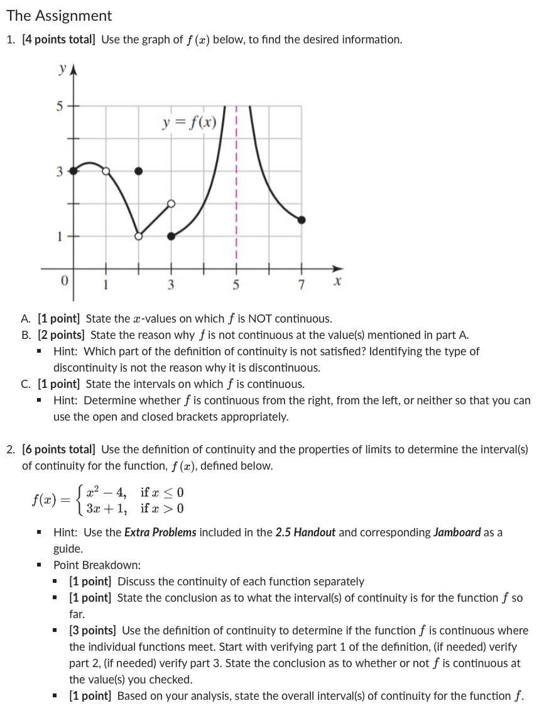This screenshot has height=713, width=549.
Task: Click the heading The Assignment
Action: pyautogui.click(x=59, y=16)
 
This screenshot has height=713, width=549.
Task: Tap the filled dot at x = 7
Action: pyautogui.click(x=302, y=219)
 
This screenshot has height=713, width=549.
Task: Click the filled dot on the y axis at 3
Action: pyautogui.click(x=73, y=170)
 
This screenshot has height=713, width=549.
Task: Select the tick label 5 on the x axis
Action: pyautogui.click(x=236, y=284)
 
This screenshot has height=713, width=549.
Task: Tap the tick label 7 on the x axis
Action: pyautogui.click(x=302, y=284)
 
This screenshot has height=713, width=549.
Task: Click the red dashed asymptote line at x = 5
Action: pyautogui.click(x=236, y=189)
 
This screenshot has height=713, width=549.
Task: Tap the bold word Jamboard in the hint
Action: pyautogui.click(x=457, y=533)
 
